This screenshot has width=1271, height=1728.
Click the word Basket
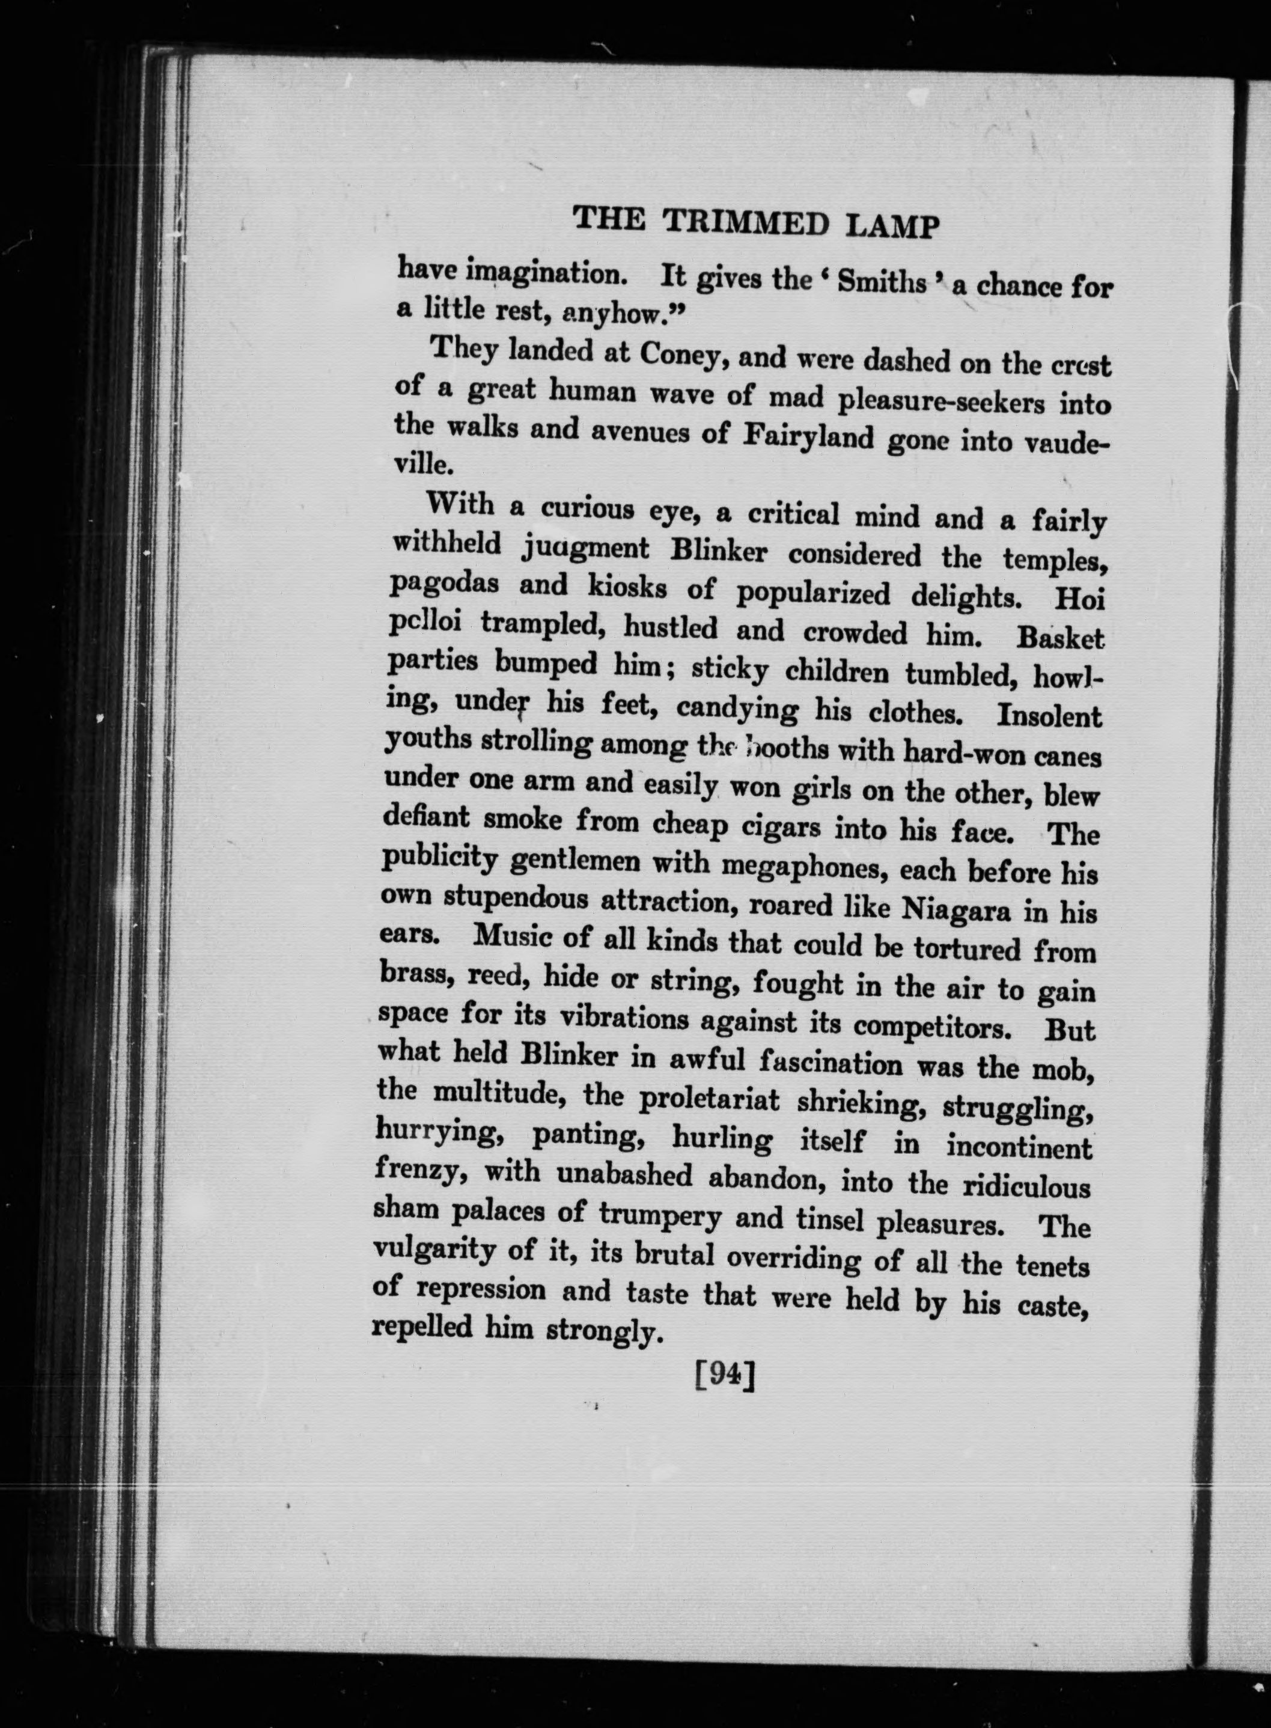1060,638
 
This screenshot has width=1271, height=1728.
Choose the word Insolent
1049,715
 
